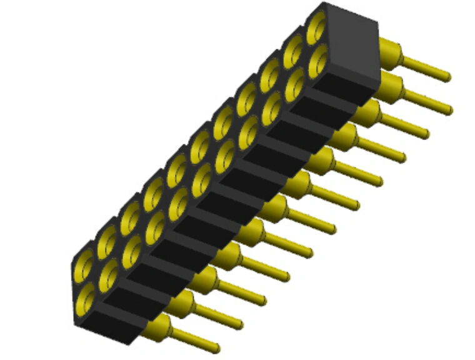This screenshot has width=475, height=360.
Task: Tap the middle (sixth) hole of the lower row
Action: pos(201,180)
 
